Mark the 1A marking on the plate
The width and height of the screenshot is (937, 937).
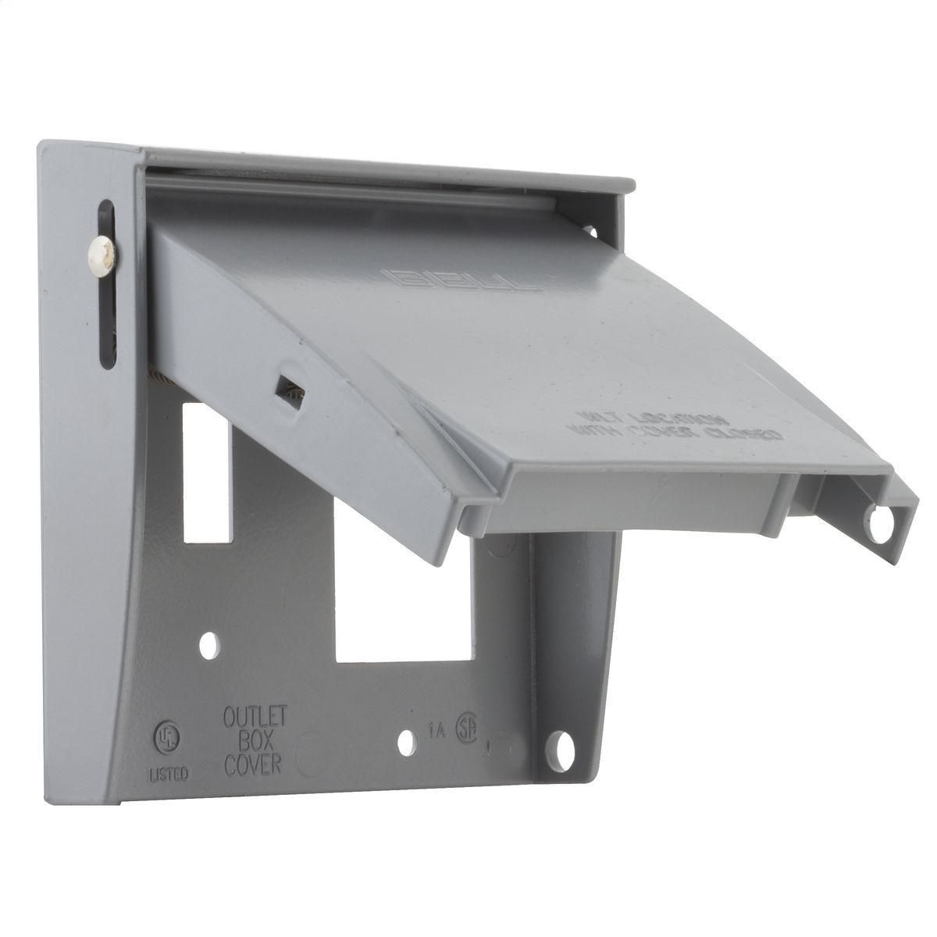pyautogui.click(x=436, y=732)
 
